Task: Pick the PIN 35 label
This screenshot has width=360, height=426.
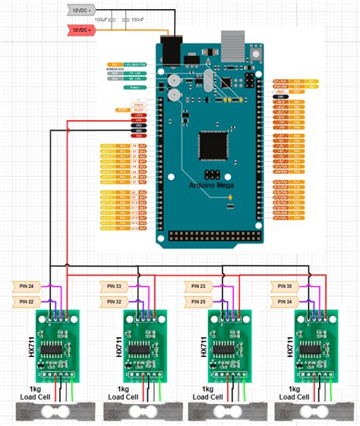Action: [286, 286]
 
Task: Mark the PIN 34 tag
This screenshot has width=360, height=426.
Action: [286, 301]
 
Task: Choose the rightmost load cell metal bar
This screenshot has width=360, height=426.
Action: [311, 411]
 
